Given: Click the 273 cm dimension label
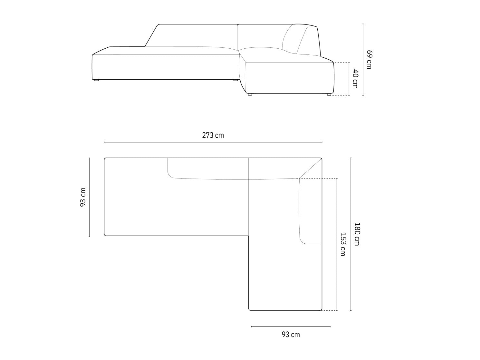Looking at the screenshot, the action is (213, 135).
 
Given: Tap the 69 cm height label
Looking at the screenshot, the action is (369, 60).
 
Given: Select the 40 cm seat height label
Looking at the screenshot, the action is (355, 79).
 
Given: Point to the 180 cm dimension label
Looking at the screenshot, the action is (357, 234).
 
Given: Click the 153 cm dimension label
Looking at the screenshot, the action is (343, 244).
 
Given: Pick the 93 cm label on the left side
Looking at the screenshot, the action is (83, 197).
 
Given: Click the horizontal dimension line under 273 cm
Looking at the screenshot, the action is (213, 142).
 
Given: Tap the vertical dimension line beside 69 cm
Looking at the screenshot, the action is (363, 60).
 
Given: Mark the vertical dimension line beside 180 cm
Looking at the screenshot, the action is (351, 234).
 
